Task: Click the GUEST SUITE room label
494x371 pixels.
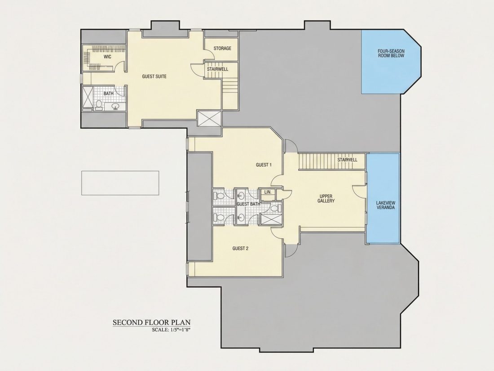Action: [x=154, y=76]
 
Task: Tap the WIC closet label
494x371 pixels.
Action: [x=107, y=57]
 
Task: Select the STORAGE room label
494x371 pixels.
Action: [x=222, y=48]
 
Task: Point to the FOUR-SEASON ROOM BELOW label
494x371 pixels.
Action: [x=391, y=54]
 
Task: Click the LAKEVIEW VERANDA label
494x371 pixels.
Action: [x=385, y=205]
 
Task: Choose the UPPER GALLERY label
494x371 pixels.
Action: [x=326, y=198]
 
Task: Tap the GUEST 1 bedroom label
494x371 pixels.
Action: [x=264, y=165]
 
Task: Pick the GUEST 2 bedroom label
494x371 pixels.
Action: [x=240, y=248]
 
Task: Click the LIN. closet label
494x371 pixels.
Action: [x=268, y=192]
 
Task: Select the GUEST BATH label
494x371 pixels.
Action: [x=248, y=204]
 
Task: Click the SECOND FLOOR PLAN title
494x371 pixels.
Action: [x=152, y=322]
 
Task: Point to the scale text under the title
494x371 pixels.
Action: [x=172, y=330]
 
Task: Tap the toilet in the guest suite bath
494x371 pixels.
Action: [x=99, y=105]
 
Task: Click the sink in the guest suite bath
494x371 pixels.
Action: [x=115, y=107]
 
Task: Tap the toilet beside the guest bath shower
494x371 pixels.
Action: [x=275, y=209]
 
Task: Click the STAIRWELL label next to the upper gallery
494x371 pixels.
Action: [x=347, y=160]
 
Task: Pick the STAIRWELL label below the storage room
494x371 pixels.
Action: [x=217, y=69]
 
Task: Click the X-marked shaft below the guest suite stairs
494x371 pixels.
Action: [x=209, y=119]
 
